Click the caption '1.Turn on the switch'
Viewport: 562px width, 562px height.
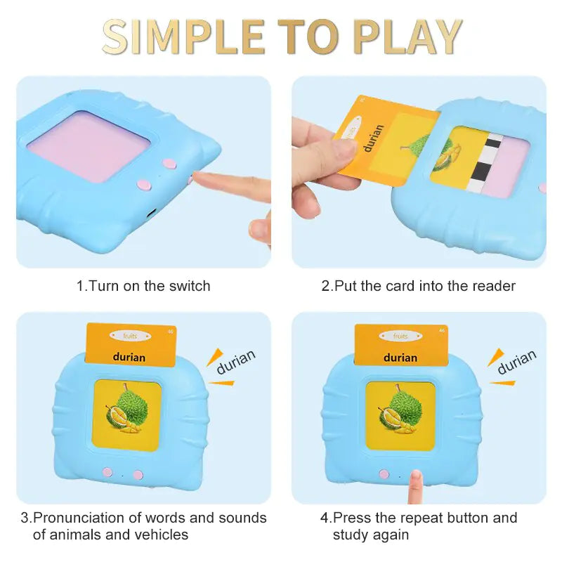point(143,286)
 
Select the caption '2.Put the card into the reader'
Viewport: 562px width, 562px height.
point(419,286)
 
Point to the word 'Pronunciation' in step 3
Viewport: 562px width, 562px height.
point(87,518)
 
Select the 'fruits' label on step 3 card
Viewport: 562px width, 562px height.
point(130,337)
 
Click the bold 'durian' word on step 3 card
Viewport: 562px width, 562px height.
point(129,357)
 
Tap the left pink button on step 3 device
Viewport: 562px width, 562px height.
point(107,473)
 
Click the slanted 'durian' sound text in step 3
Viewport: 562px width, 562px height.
point(235,362)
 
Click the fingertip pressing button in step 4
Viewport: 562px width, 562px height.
point(416,478)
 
